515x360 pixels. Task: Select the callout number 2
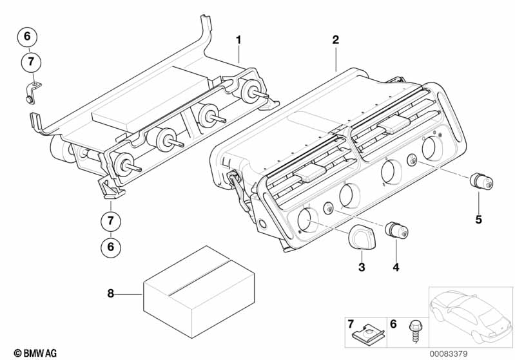point(335,40)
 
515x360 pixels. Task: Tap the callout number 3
point(362,267)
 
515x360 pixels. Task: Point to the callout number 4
point(396,267)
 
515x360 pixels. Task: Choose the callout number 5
point(478,220)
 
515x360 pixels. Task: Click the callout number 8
point(110,293)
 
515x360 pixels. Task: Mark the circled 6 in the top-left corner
point(28,37)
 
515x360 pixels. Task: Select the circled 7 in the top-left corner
point(30,62)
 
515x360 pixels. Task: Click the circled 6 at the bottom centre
point(110,246)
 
